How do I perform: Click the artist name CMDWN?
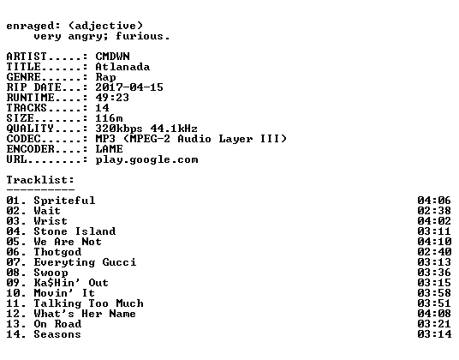tap(112, 57)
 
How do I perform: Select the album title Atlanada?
tap(122, 67)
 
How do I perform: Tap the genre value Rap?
tap(105, 78)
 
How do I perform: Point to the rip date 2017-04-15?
tap(129, 87)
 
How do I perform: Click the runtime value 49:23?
tap(112, 98)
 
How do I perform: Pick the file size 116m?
tap(109, 118)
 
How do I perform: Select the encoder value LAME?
tap(110, 149)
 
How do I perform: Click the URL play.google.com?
tap(146, 160)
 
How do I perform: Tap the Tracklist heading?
tap(40, 180)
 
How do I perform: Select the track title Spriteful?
tap(64, 201)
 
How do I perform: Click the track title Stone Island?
tap(75, 231)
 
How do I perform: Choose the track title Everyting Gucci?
tap(85, 262)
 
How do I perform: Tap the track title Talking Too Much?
tap(89, 303)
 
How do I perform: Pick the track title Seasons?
tap(57, 334)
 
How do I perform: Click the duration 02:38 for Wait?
tap(434, 211)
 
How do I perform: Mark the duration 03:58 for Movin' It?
tap(434, 293)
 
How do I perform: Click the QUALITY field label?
tap(30, 129)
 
